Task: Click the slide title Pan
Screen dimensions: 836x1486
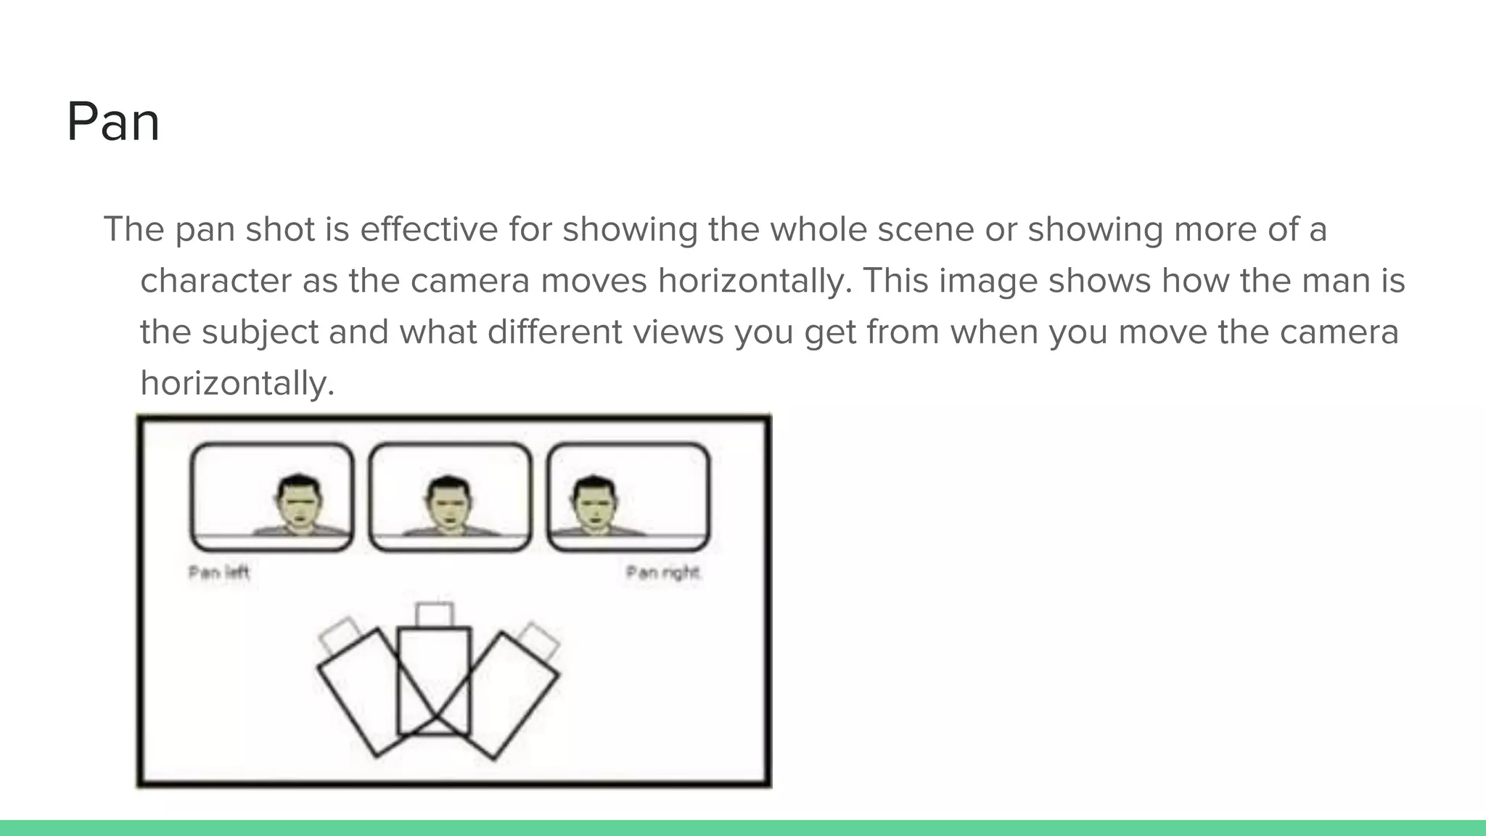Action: click(113, 122)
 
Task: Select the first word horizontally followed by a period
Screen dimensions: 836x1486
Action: click(755, 281)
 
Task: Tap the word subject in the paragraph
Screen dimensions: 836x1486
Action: click(260, 332)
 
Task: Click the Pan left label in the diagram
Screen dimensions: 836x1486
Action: click(218, 573)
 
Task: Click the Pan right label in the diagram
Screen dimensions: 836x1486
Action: click(662, 573)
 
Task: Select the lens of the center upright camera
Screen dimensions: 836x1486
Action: click(435, 615)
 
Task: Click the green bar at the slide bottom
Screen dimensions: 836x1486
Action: click(743, 828)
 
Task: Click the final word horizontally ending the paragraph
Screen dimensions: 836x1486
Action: click(237, 384)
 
